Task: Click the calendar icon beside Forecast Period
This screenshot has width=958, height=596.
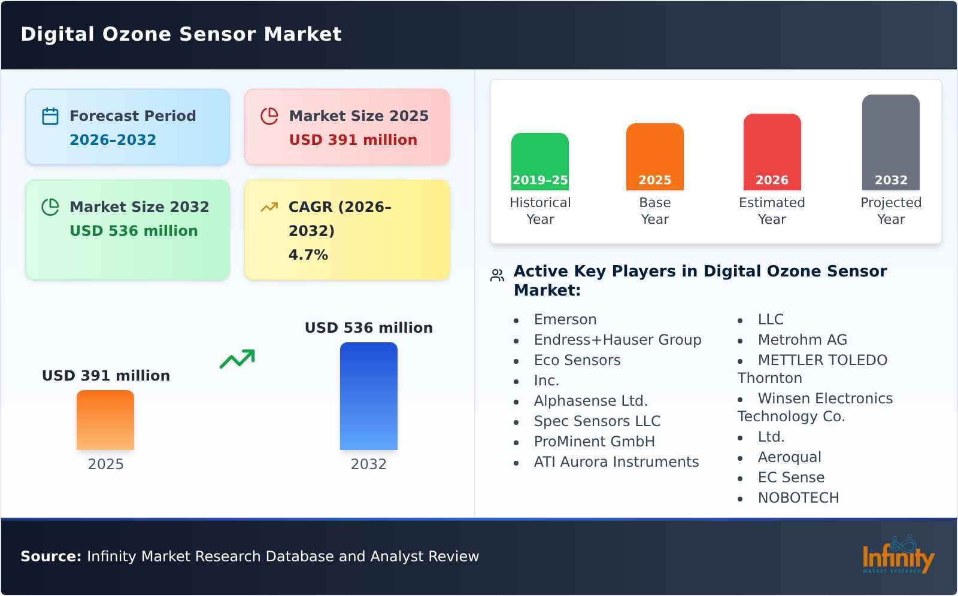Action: click(x=50, y=116)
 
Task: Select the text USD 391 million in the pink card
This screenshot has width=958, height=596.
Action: click(x=353, y=140)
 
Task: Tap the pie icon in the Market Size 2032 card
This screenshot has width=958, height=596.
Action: click(x=50, y=207)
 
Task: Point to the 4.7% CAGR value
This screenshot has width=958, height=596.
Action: click(x=308, y=255)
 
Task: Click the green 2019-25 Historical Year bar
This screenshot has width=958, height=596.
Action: click(x=539, y=162)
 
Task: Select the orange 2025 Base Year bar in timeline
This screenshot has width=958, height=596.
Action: click(x=654, y=157)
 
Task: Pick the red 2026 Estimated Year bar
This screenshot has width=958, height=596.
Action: click(x=772, y=152)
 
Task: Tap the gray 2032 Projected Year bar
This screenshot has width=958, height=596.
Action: click(x=890, y=142)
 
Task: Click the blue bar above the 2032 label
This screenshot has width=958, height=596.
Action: click(x=368, y=396)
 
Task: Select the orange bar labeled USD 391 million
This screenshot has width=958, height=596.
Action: click(x=105, y=420)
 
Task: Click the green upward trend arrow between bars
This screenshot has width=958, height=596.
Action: click(x=237, y=359)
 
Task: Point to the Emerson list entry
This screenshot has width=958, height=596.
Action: click(x=565, y=320)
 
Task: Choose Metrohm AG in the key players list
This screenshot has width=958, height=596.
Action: click(x=802, y=340)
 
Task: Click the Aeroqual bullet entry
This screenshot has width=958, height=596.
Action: click(x=789, y=457)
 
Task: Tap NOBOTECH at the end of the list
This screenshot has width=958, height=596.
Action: click(x=798, y=498)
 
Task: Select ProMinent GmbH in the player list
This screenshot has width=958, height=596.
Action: click(x=594, y=442)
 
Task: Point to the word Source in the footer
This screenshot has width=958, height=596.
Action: click(x=50, y=557)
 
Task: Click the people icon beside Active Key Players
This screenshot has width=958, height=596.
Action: click(x=497, y=275)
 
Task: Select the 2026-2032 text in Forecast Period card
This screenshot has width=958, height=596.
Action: click(x=113, y=140)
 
